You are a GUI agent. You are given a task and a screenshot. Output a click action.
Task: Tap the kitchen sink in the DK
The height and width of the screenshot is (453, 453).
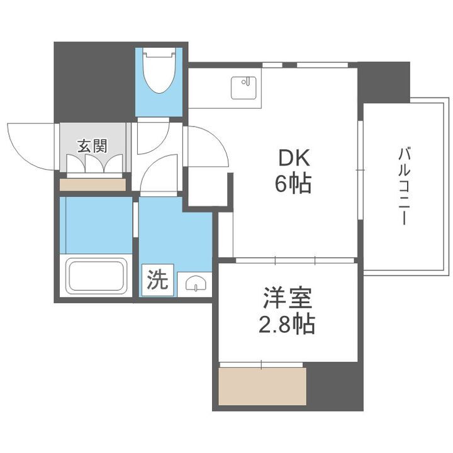[x=245, y=88]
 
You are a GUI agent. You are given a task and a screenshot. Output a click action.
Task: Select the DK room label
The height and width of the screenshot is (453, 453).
[x=292, y=156]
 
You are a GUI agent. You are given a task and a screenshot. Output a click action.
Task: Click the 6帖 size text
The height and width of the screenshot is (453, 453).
[x=292, y=183]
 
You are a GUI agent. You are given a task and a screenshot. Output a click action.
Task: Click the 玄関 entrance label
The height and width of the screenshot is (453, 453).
[x=92, y=147]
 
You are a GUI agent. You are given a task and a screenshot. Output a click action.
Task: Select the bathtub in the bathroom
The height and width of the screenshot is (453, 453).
[x=96, y=275]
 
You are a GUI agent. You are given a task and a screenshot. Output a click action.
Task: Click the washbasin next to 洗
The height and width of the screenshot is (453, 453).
[x=195, y=284]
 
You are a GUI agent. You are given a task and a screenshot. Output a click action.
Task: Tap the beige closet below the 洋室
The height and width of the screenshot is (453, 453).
[x=262, y=386]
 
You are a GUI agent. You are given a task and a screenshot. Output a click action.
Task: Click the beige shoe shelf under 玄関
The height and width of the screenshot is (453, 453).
[x=92, y=184]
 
